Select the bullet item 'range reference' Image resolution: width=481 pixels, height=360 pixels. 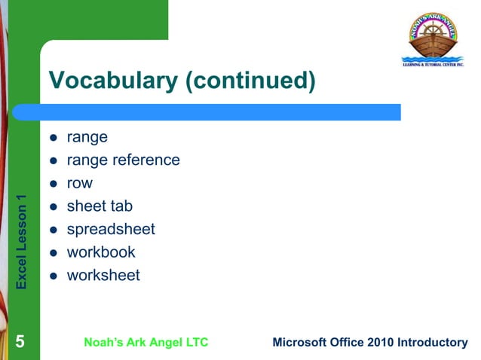click(123, 160)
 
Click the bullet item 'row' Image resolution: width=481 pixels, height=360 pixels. click(80, 183)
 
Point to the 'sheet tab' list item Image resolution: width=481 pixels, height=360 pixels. click(100, 206)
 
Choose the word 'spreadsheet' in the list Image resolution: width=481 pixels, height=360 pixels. click(111, 230)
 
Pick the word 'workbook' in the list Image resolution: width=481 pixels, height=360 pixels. click(101, 252)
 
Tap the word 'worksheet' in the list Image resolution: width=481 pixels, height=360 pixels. click(103, 276)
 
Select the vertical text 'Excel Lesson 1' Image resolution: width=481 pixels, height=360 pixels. click(22, 242)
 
